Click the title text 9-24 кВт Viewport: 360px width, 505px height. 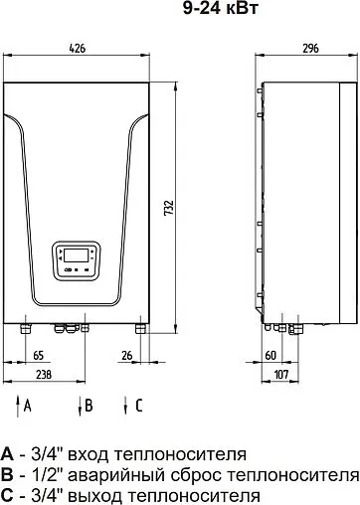point(180,11)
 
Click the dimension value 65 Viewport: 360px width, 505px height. point(39,355)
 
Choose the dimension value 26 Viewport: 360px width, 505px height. point(125,355)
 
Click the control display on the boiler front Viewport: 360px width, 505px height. point(76,258)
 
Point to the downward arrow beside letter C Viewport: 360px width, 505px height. point(125,405)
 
